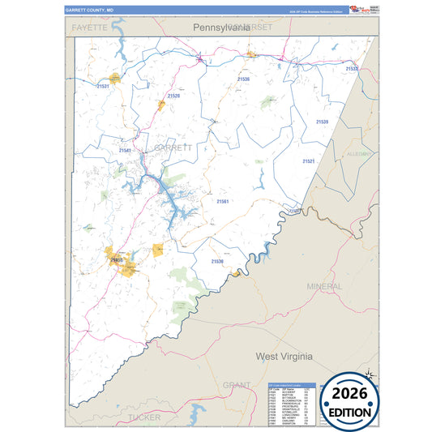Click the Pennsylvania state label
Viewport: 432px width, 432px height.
220,28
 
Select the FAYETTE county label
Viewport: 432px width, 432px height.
89,28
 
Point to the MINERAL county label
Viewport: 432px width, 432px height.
324,287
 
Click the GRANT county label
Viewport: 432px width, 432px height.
236,385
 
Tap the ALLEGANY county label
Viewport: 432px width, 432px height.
358,153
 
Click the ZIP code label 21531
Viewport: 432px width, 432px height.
103,86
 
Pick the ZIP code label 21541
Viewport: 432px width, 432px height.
125,150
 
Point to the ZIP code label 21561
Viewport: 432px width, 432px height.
223,201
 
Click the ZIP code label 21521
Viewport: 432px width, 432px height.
309,161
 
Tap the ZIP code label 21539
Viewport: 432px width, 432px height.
323,122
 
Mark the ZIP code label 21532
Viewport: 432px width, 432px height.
352,69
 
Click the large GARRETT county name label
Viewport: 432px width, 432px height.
173,148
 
